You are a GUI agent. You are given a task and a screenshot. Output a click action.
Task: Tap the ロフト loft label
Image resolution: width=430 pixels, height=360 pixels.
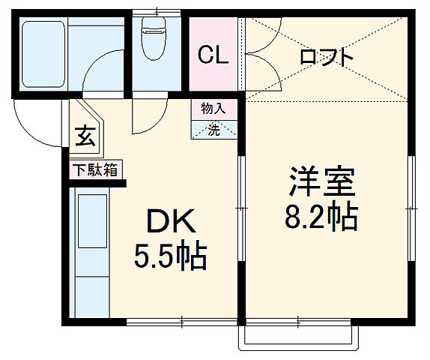[x=326, y=58]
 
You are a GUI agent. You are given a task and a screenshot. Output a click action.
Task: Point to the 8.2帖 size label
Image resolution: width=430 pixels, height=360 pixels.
[x=322, y=217]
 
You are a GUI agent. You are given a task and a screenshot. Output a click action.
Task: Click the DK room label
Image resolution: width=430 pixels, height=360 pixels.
[x=170, y=221]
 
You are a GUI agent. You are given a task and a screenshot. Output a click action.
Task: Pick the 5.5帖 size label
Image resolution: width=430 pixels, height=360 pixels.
[x=170, y=257]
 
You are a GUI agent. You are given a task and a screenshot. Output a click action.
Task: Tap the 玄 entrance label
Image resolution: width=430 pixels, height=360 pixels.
[x=84, y=138]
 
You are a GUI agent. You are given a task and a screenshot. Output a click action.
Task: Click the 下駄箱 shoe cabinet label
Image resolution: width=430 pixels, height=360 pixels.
[x=95, y=170]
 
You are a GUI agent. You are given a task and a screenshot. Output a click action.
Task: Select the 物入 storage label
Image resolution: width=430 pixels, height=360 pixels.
[x=213, y=109]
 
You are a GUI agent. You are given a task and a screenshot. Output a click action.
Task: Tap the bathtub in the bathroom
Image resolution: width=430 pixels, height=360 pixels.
[x=44, y=52]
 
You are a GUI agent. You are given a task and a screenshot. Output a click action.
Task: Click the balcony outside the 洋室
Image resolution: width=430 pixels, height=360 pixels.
[x=298, y=336]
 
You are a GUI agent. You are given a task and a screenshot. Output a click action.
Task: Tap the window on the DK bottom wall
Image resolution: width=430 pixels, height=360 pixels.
[x=180, y=322]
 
